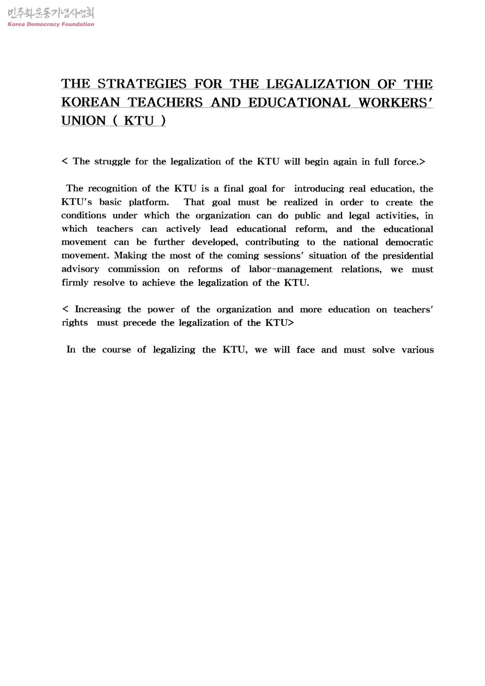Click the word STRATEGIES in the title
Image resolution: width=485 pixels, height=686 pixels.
pos(142,84)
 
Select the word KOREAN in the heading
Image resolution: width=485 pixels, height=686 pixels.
pos(90,102)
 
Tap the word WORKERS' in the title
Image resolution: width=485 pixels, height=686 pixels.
pos(395,102)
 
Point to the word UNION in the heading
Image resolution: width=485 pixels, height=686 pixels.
pos(84,121)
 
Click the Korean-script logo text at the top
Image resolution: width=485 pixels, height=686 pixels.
pos(51,14)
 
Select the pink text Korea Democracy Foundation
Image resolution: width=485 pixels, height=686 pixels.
pos(51,24)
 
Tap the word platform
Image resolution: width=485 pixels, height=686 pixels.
pos(149,202)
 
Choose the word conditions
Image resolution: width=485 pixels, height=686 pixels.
pos(84,215)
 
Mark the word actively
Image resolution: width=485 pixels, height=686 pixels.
pos(183,229)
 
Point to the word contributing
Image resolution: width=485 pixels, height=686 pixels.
pos(272,242)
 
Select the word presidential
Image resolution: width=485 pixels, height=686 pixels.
pos(408,256)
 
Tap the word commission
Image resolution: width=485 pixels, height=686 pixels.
pos(134,269)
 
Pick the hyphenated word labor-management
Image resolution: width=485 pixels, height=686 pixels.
pos(290,269)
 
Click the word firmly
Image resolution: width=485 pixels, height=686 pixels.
pos(75,283)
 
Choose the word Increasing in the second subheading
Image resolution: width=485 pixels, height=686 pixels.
pos(98,309)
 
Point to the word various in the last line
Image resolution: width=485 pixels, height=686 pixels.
pos(417,350)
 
